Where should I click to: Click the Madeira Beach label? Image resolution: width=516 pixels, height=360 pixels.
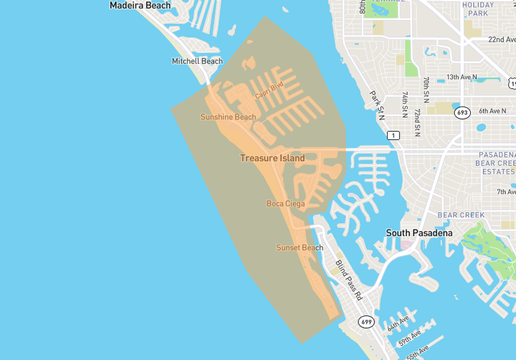coord(140,6)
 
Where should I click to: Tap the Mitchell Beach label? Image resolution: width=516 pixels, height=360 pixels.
coord(197,61)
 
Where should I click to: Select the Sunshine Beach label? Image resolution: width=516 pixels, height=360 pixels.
coord(228,117)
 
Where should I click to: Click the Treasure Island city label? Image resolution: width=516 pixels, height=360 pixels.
coord(272,158)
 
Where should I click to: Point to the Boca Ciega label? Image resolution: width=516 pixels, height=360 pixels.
coord(286,203)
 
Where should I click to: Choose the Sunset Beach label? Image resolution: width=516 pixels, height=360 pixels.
coord(300,248)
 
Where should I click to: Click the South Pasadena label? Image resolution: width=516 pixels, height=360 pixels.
coord(419,234)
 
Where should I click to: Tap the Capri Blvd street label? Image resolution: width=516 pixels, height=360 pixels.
coord(269,90)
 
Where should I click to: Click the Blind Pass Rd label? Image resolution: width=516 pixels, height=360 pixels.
coord(348,279)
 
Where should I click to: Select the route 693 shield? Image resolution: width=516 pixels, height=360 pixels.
coord(462,113)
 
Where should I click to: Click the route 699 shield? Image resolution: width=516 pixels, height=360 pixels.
coord(366,322)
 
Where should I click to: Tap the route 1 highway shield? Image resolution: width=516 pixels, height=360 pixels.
coord(393,135)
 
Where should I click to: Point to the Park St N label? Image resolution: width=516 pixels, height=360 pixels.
coord(376,105)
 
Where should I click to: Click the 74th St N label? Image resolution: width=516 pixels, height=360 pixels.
coord(405,105)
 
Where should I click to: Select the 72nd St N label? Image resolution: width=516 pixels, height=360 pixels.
coord(417,122)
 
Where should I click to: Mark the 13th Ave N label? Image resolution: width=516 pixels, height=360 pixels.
coord(462,77)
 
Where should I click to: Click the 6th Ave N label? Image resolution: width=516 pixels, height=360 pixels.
coord(492,111)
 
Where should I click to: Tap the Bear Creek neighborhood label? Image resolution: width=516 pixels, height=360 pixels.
coord(461,215)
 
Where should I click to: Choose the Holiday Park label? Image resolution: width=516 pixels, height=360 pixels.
coord(478,9)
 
